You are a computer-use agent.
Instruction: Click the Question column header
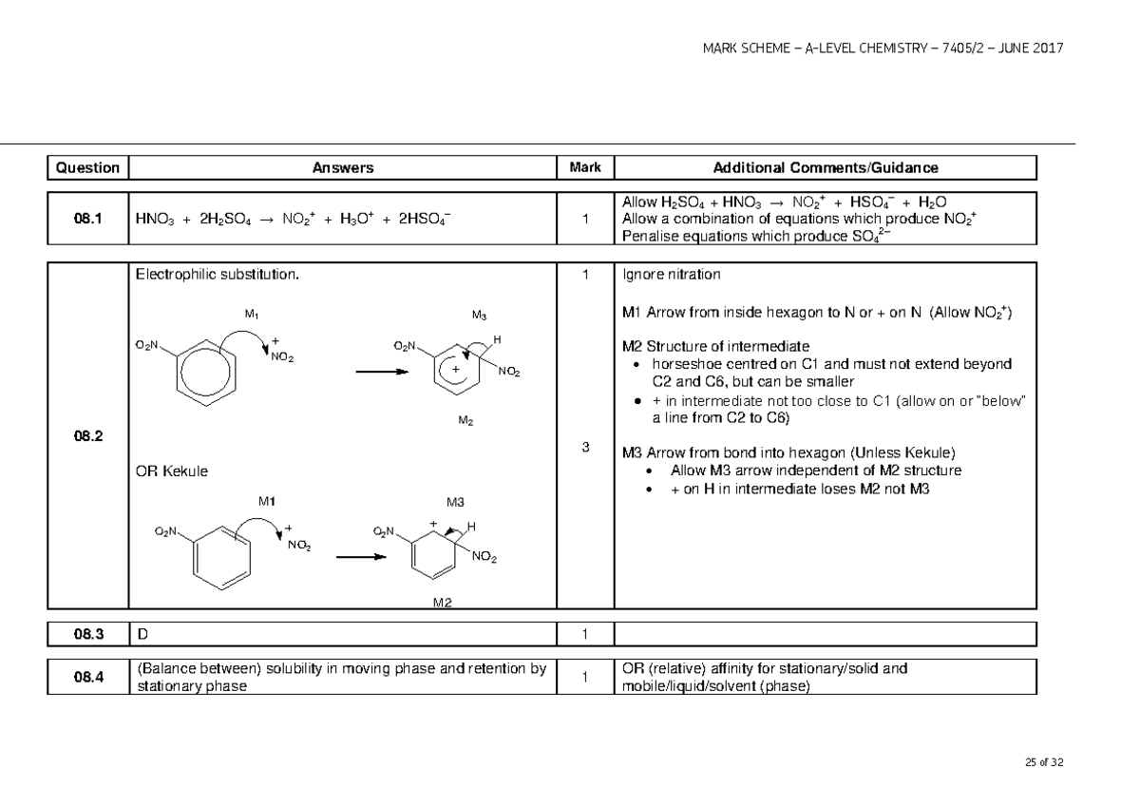click(x=87, y=168)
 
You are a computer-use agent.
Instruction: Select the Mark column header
click(x=585, y=168)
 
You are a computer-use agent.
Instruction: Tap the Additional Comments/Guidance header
click(x=826, y=168)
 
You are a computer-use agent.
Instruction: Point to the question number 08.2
click(x=87, y=436)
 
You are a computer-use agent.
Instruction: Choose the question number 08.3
click(x=87, y=634)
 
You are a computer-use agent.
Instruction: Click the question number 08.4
click(x=87, y=677)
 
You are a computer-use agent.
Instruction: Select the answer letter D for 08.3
click(x=142, y=634)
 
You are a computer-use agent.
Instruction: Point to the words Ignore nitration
click(x=671, y=276)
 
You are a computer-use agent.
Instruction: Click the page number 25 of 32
click(x=1044, y=762)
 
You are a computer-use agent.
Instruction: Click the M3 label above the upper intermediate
click(x=479, y=316)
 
